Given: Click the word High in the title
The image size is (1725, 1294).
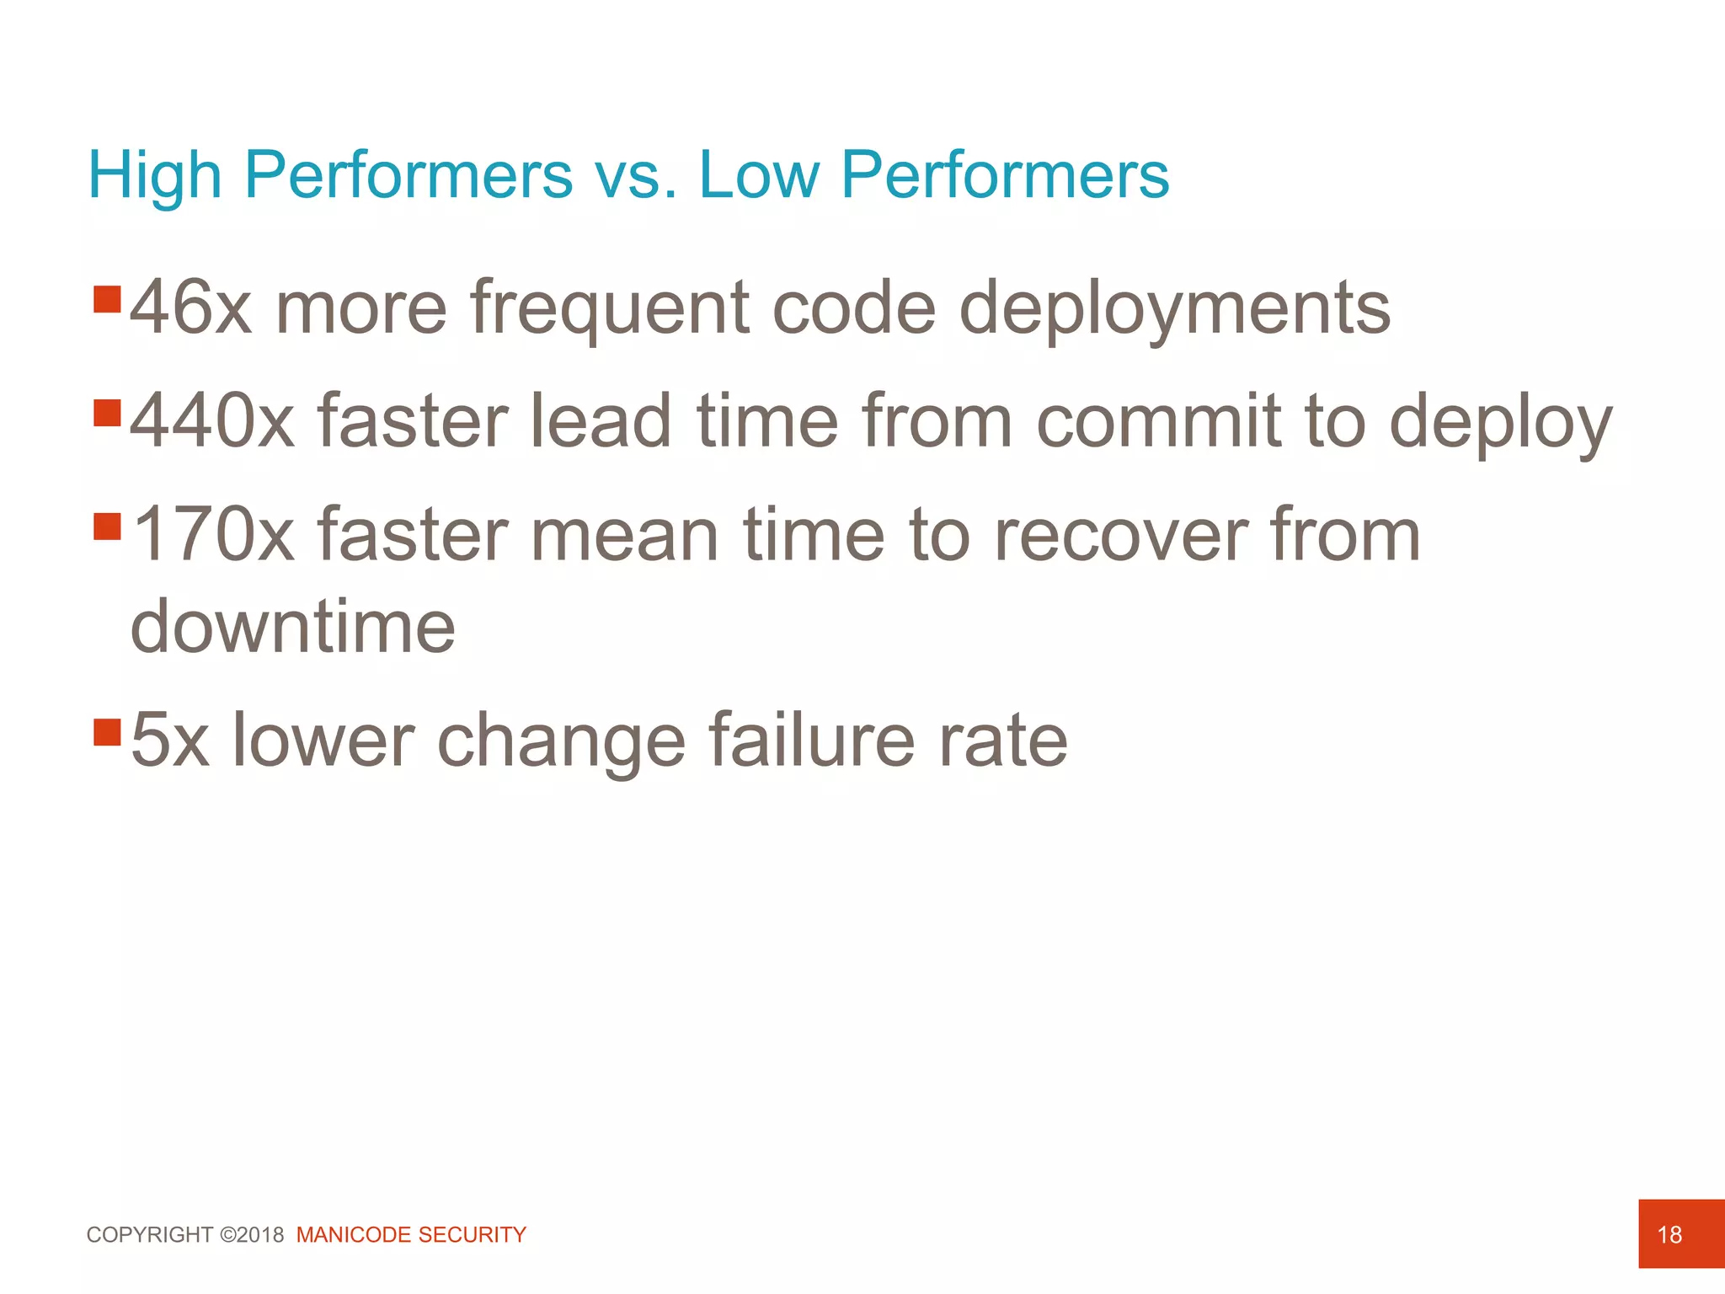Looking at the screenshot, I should [x=155, y=175].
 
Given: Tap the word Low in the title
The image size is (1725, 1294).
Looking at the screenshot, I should [x=759, y=175].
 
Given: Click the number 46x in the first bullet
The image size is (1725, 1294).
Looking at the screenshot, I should [x=190, y=307].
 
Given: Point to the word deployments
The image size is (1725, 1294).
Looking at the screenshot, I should [x=1174, y=309].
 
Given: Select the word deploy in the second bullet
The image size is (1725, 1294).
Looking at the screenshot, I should [x=1500, y=423].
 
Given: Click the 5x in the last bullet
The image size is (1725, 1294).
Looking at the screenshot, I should [x=169, y=741].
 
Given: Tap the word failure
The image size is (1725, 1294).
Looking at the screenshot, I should [x=811, y=741].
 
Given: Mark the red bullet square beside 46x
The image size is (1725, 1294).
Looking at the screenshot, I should [x=108, y=299].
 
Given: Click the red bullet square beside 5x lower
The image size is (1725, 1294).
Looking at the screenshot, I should [x=108, y=732].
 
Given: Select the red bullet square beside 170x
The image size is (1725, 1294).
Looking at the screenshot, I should [x=108, y=527].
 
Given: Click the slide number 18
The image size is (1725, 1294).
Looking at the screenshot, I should [x=1669, y=1235].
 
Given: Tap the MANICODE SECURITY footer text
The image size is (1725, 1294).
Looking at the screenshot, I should [x=411, y=1235].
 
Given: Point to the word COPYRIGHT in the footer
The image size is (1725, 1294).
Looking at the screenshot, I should [x=150, y=1235].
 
